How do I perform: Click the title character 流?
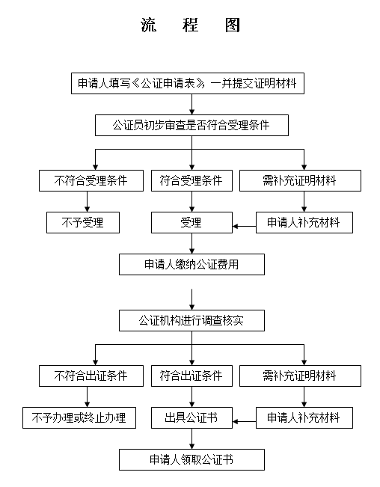tap(148, 25)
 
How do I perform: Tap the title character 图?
tap(233, 25)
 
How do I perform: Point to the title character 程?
tap(190, 25)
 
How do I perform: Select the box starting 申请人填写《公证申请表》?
tap(188, 83)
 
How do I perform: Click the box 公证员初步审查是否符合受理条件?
tap(191, 125)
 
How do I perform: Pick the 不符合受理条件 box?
tap(91, 180)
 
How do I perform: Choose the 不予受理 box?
tap(83, 222)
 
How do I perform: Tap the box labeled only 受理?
tap(191, 222)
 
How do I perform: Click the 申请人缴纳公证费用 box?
tap(191, 264)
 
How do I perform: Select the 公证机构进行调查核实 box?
tap(191, 320)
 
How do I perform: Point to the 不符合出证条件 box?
tap(91, 376)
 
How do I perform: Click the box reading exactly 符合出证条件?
tap(191, 376)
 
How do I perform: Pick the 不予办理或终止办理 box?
tap(79, 417)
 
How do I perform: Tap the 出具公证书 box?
tap(191, 417)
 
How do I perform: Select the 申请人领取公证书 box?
tap(191, 459)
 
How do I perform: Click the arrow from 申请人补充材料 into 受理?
tap(245, 226)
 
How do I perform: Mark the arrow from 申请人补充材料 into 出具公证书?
tap(245, 421)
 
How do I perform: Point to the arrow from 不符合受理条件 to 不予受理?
tap(88, 201)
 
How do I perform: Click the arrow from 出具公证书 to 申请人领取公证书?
tap(191, 439)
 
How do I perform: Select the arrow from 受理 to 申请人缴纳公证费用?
tap(191, 244)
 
